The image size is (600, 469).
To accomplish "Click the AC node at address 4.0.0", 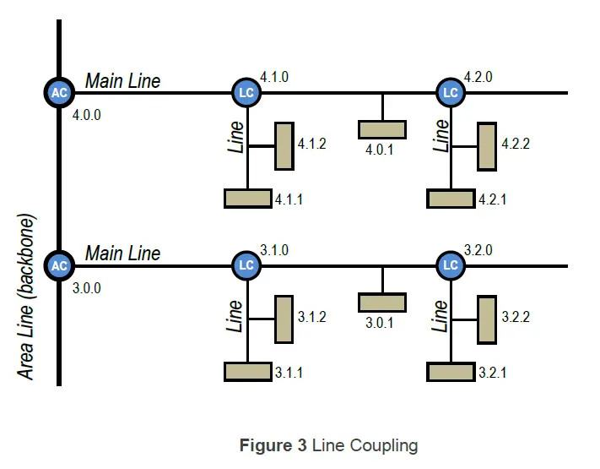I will [59, 93].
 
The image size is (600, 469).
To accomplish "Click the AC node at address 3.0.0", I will [59, 265].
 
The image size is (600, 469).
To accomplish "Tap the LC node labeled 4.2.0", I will [451, 92].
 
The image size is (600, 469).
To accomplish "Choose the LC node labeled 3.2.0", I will [451, 265].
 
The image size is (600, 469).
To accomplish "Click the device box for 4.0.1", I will [382, 129].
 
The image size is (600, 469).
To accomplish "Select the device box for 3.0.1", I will [382, 303].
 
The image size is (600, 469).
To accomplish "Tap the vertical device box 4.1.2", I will [284, 146].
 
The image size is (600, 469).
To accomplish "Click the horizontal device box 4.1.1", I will [248, 199].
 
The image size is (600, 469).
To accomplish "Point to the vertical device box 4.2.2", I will [486, 146].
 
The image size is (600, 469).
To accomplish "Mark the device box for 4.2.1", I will [451, 199].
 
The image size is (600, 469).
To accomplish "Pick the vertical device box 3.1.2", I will [284, 319].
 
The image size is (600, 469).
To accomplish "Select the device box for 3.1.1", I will [248, 371].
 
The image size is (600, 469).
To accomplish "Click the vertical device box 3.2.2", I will [486, 319].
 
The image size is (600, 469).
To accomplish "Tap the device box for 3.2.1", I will [451, 371].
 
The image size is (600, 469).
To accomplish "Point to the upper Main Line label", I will [122, 81].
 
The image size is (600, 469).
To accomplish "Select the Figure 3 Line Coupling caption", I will [328, 445].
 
